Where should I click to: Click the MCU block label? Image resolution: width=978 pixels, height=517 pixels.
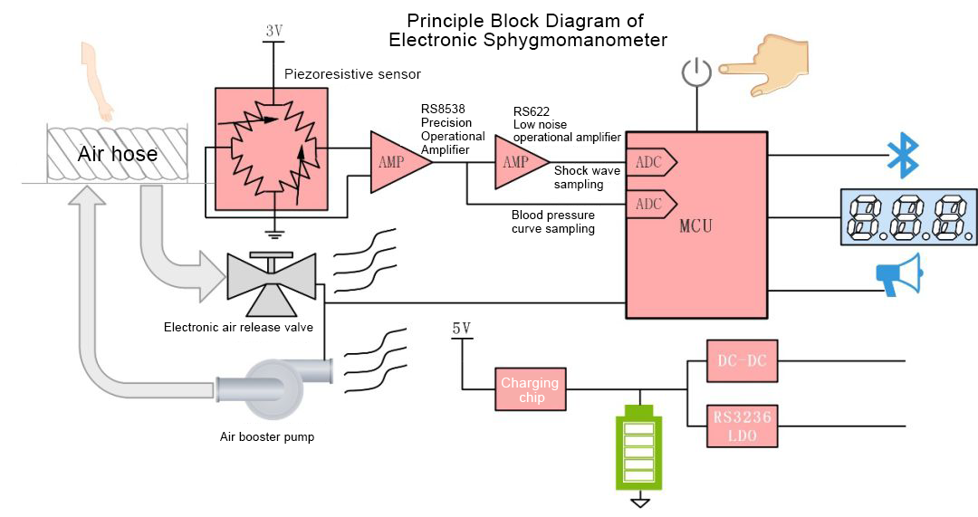[695, 226]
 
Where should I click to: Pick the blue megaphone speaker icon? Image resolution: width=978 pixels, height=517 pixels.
[898, 273]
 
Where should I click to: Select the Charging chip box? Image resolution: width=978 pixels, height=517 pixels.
[531, 390]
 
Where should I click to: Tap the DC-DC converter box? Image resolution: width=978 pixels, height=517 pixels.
[742, 361]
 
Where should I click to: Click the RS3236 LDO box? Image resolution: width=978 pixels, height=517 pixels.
[742, 426]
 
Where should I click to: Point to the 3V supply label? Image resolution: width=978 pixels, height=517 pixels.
[274, 32]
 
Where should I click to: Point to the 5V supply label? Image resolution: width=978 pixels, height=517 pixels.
[461, 329]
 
